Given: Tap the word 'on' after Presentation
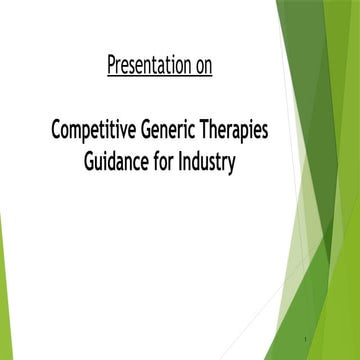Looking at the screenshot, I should (x=200, y=67).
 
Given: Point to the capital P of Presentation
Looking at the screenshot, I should (x=109, y=67).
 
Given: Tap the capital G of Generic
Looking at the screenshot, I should (x=150, y=131).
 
